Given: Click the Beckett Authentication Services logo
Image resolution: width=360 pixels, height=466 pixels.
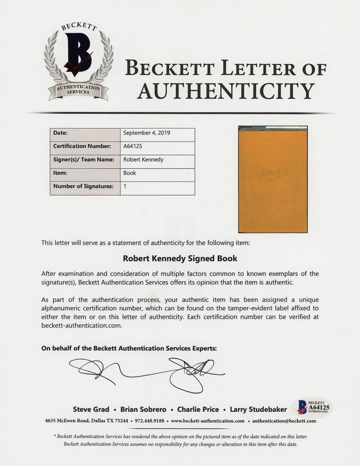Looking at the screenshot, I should click(x=79, y=61).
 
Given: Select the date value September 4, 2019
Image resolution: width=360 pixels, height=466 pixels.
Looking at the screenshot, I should click(x=147, y=133).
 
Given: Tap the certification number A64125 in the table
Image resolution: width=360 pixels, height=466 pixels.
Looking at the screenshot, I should click(x=132, y=146).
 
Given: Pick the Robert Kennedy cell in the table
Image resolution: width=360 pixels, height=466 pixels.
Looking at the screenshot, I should click(x=143, y=159).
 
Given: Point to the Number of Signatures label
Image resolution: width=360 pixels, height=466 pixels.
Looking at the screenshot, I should click(x=83, y=186).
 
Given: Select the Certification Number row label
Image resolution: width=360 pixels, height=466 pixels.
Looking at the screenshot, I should click(x=82, y=146).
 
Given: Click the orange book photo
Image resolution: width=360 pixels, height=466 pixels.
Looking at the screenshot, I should click(x=272, y=179).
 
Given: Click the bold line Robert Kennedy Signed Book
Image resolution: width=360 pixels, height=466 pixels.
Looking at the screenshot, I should click(x=180, y=258).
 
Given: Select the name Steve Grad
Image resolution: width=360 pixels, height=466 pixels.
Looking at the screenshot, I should click(x=91, y=410).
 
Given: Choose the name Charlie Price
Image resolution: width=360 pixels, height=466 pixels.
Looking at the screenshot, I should click(x=198, y=410).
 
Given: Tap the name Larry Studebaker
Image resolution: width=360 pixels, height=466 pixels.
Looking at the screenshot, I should click(x=257, y=410).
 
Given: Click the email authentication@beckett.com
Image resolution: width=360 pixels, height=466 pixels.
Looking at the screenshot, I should click(x=284, y=421).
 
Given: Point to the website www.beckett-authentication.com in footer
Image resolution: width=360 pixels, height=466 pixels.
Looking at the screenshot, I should click(x=208, y=421).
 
